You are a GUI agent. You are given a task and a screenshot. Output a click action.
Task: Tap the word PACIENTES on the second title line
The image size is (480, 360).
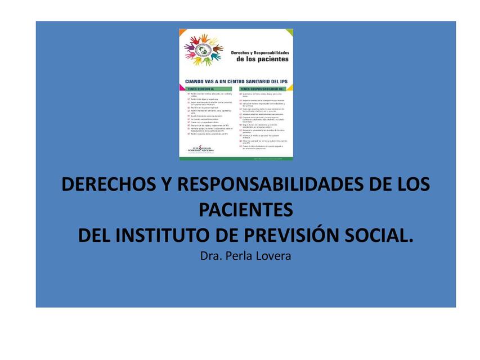tap(246, 210)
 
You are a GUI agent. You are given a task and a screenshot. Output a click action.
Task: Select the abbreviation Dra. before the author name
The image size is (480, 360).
tap(210, 256)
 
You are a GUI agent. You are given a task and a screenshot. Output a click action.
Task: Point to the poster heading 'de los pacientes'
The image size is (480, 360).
tap(262, 58)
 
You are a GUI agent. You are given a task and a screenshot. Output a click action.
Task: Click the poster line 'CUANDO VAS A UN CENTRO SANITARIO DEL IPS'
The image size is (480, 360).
tap(236, 80)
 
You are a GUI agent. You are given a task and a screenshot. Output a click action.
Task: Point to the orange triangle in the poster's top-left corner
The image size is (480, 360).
tap(182, 32)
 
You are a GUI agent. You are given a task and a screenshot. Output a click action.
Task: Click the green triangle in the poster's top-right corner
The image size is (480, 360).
tap(289, 32)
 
